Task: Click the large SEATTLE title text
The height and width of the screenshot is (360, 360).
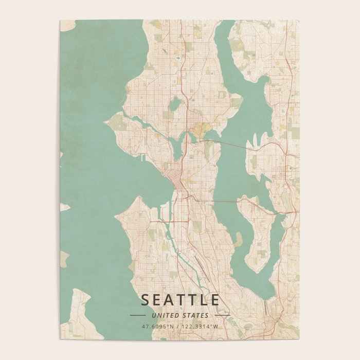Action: pyautogui.click(x=180, y=300)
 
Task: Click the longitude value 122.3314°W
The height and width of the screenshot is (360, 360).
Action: pyautogui.click(x=200, y=326)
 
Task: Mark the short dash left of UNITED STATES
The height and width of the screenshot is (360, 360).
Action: pyautogui.click(x=138, y=315)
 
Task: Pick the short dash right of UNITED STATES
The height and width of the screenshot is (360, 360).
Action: pyautogui.click(x=222, y=315)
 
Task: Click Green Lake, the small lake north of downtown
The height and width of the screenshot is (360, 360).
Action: pyautogui.click(x=175, y=104)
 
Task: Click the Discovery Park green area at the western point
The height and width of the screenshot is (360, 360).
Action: pyautogui.click(x=116, y=122)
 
